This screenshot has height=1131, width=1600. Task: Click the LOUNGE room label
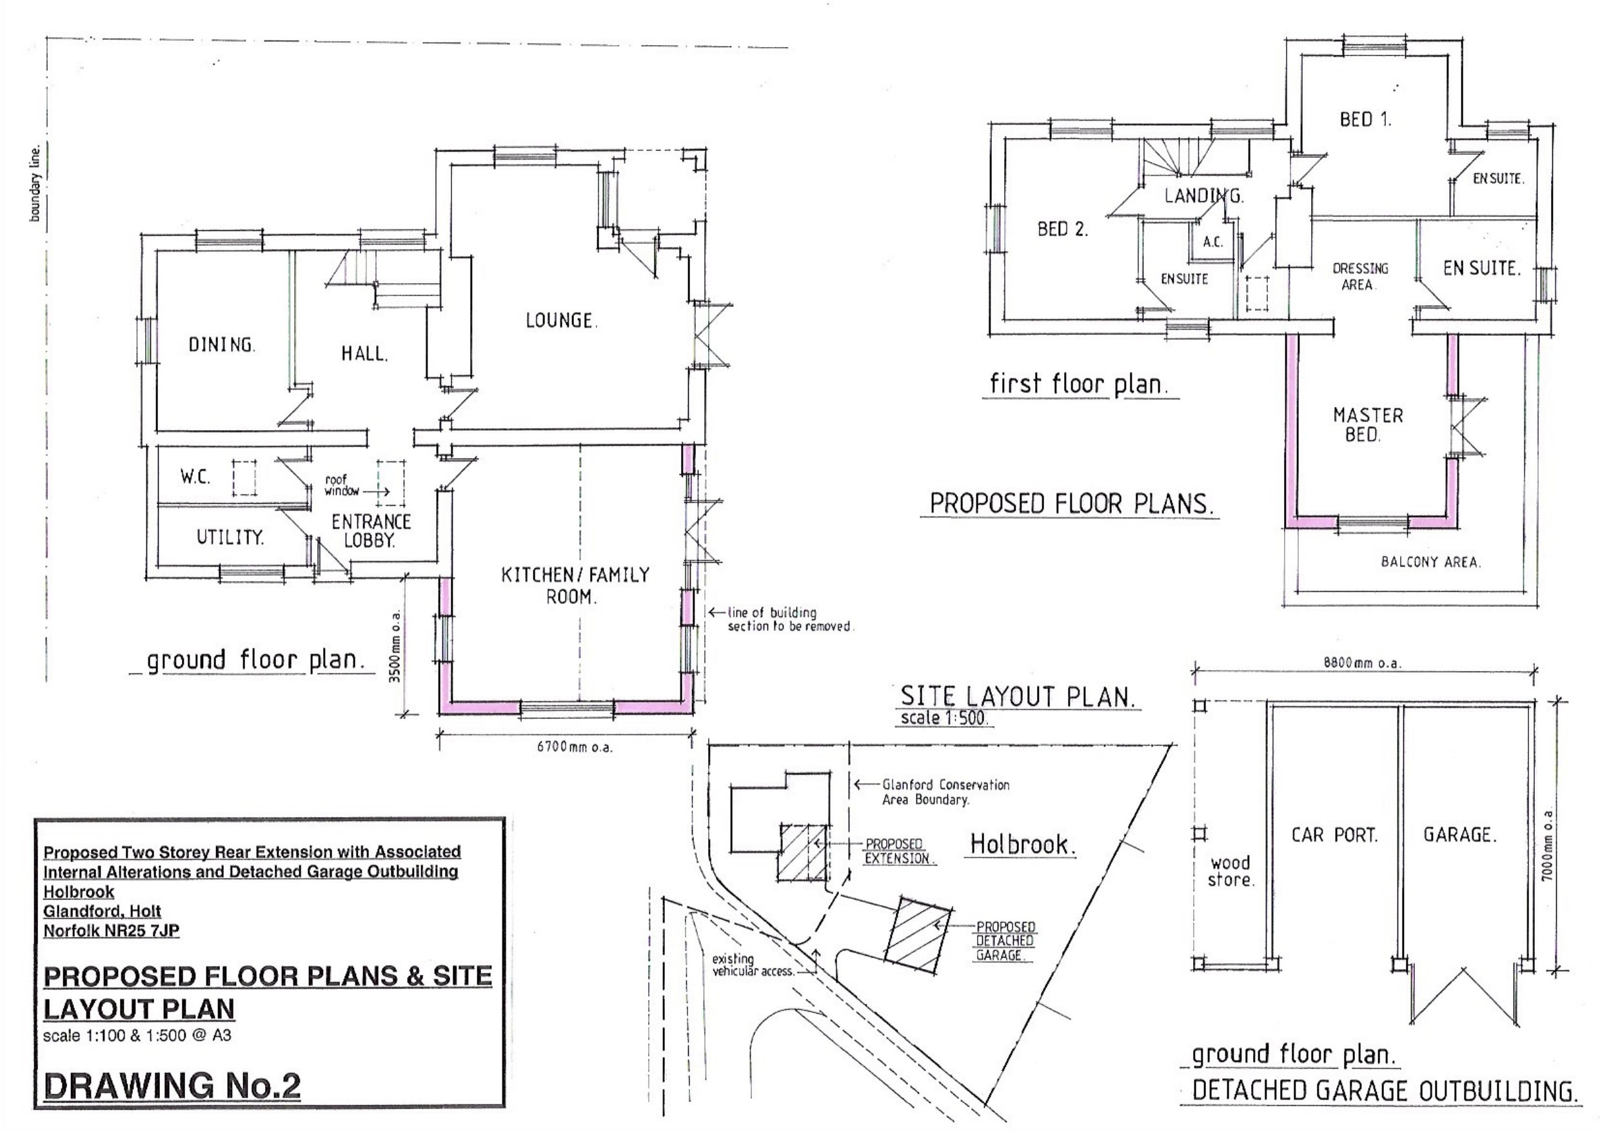tap(561, 320)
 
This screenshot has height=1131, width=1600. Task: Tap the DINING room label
tap(222, 344)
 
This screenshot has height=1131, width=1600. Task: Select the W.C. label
tap(195, 477)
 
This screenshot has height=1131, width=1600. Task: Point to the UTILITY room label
tap(230, 537)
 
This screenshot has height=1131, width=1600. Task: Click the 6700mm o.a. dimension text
tap(574, 748)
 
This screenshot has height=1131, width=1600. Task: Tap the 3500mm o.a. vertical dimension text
tap(396, 646)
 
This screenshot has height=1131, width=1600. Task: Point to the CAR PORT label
tap(1334, 835)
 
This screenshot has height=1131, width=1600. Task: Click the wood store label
tap(1230, 872)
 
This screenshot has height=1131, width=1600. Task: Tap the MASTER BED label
tap(1367, 425)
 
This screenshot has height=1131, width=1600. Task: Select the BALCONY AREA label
tap(1430, 562)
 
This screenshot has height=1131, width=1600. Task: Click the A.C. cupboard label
tap(1212, 242)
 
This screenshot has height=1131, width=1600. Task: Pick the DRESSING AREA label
tap(1359, 277)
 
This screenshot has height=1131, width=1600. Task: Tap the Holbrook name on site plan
tap(1022, 845)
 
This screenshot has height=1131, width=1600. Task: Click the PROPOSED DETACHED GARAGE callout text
tap(1005, 941)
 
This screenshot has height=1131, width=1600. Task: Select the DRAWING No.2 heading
tap(172, 1086)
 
